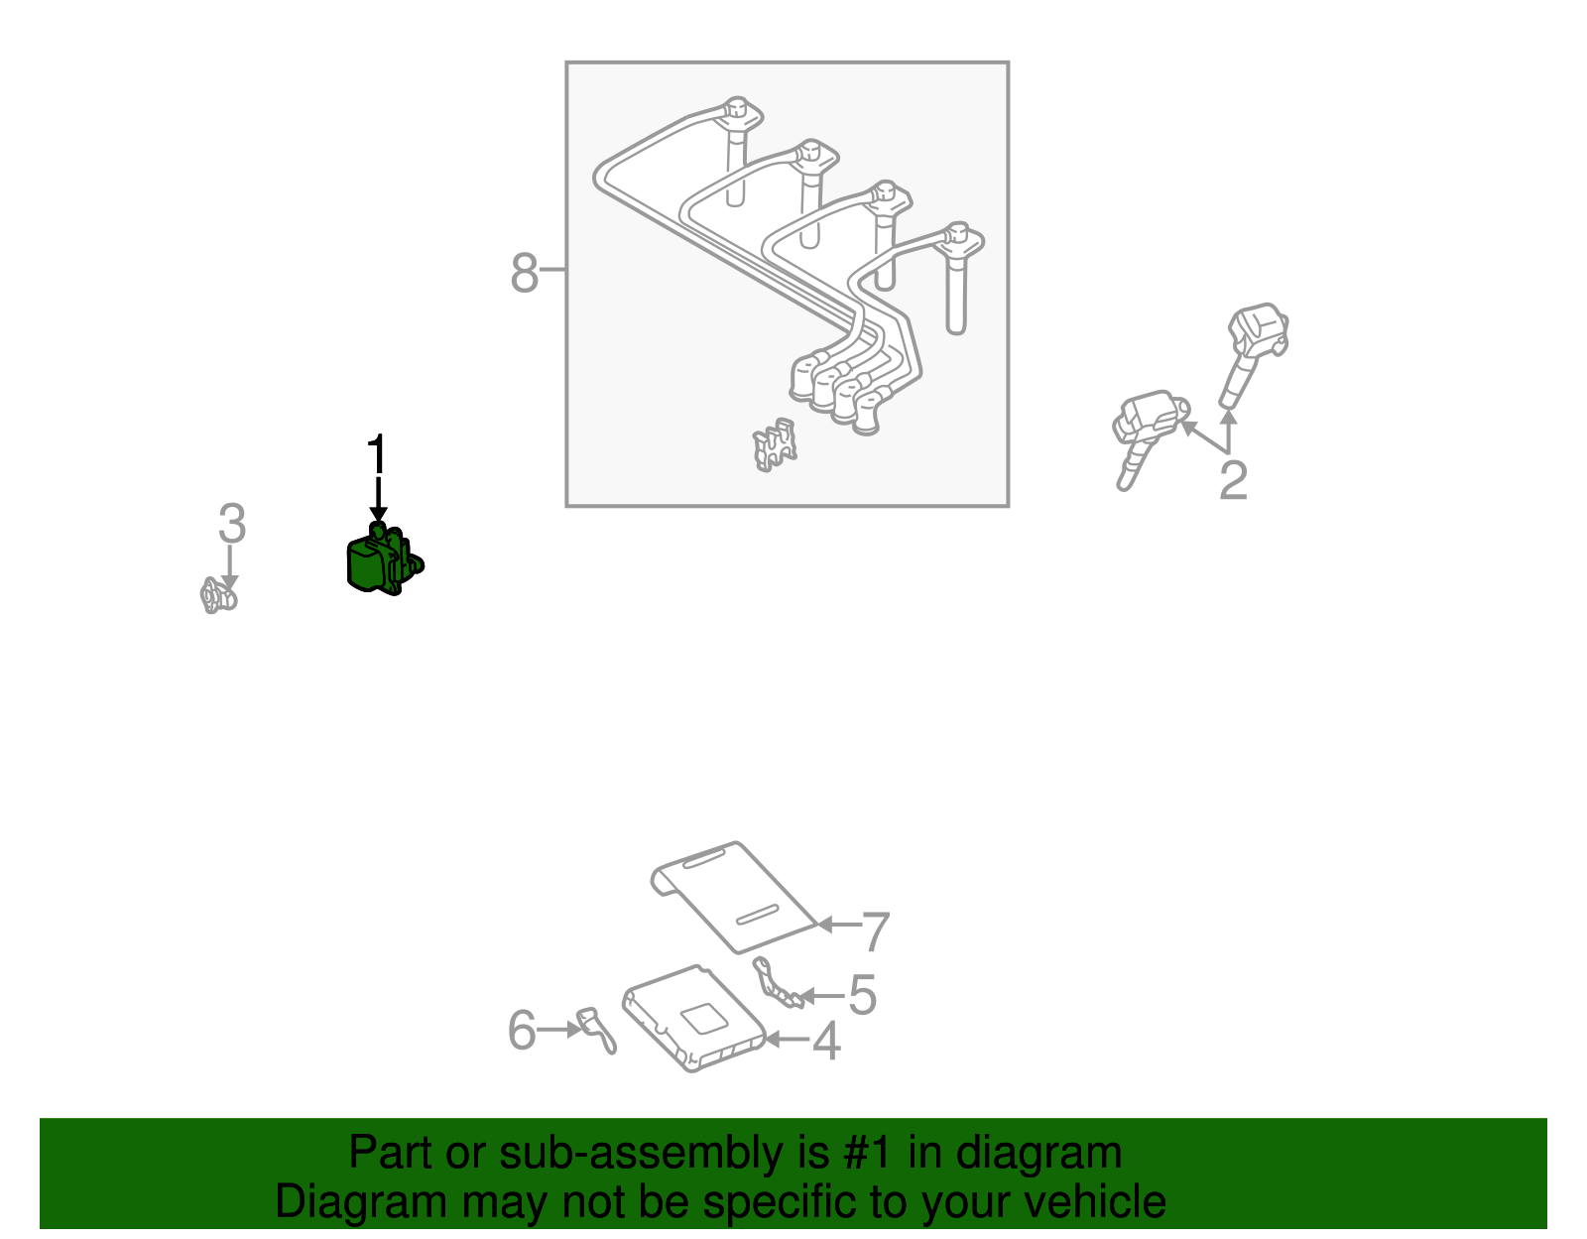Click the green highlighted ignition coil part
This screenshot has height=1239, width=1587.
383,559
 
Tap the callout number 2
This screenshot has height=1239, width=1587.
1234,480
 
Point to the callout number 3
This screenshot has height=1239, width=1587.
232,524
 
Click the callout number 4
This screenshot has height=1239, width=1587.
826,1042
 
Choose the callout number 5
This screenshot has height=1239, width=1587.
862,994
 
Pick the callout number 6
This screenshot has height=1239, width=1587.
522,1030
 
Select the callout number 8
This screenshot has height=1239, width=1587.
524,273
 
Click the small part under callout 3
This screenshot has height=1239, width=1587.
218,596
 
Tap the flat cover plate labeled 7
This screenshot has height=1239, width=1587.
733,897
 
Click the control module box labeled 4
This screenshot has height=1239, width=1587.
693,1018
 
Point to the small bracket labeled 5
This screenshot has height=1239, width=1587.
777,983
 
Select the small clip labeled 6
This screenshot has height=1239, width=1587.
596,1030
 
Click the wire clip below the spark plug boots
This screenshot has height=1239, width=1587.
774,444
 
